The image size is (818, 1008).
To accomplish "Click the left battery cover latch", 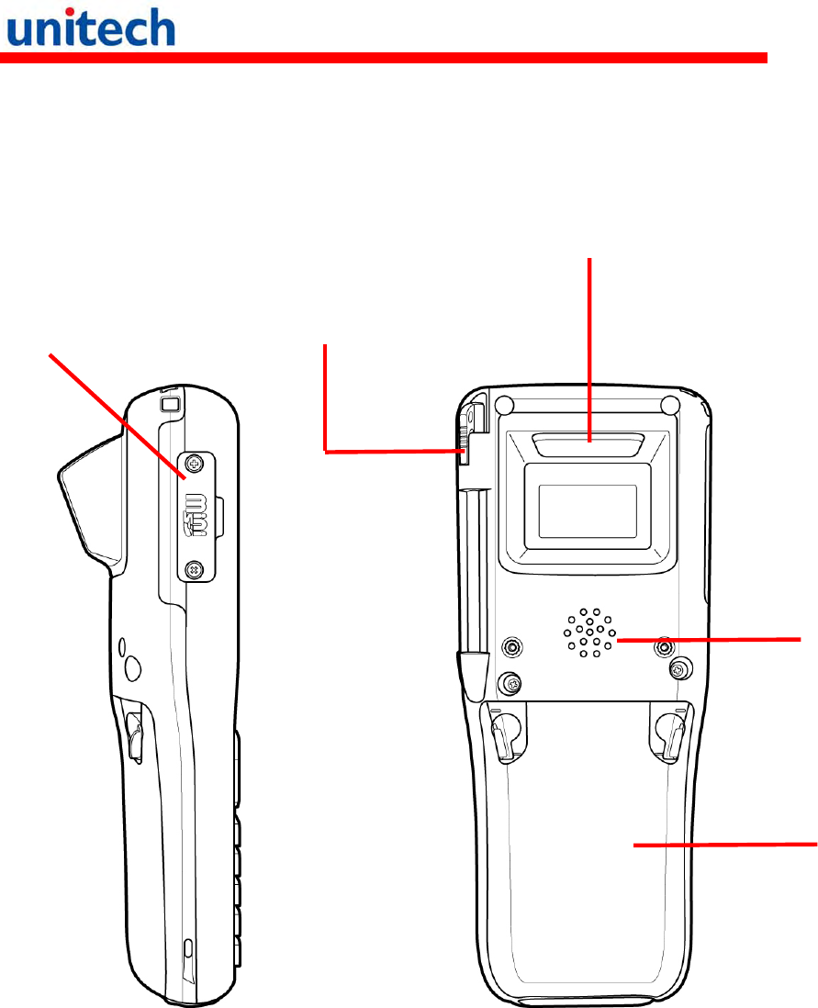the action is tap(502, 734).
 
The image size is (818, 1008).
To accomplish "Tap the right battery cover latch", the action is tap(667, 734).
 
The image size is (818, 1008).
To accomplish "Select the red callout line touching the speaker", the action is tap(707, 638).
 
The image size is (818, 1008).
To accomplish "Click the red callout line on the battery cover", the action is tap(725, 846).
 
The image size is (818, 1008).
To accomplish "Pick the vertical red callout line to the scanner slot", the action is tap(588, 349).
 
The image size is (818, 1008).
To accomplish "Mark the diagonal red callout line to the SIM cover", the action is tap(115, 413).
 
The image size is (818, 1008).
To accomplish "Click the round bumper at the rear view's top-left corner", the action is tap(502, 404).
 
